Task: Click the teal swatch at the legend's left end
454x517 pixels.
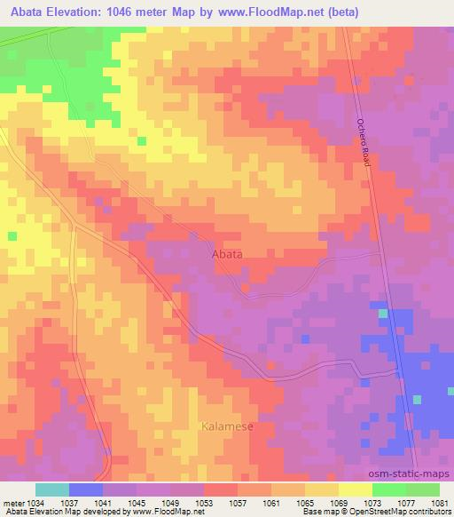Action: (x=52, y=489)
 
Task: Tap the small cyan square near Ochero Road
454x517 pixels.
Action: (x=382, y=314)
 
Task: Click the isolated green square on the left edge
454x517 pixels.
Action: (x=12, y=235)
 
